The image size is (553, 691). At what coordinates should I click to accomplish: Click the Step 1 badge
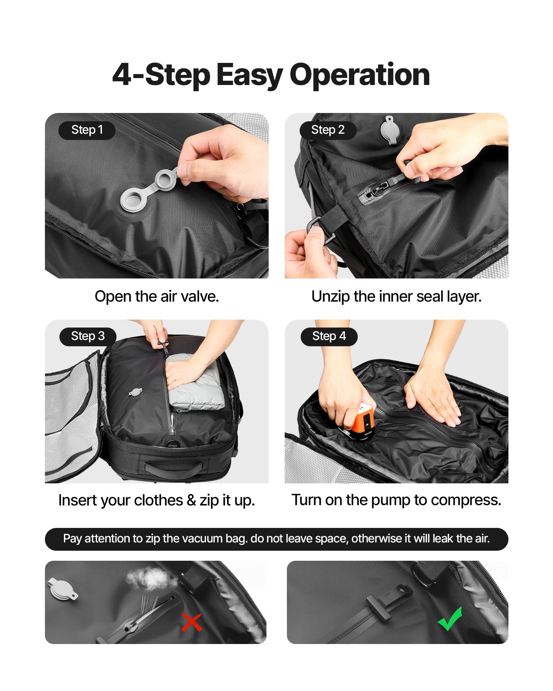[87, 130]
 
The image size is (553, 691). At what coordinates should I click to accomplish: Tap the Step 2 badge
[328, 130]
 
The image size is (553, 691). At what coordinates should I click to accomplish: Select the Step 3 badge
[88, 336]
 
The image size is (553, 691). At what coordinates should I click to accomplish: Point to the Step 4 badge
[329, 336]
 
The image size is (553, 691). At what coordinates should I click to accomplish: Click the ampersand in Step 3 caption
[191, 500]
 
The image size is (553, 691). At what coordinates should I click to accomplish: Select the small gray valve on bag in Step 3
[135, 392]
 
